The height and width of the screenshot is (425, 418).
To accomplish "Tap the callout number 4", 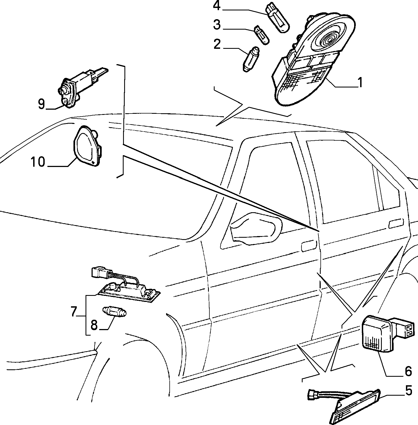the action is [x=217, y=6].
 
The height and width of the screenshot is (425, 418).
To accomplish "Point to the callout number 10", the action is [x=38, y=162].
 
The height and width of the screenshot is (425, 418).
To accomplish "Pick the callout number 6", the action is [x=408, y=372].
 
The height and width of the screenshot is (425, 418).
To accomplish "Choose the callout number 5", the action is [x=409, y=391].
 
